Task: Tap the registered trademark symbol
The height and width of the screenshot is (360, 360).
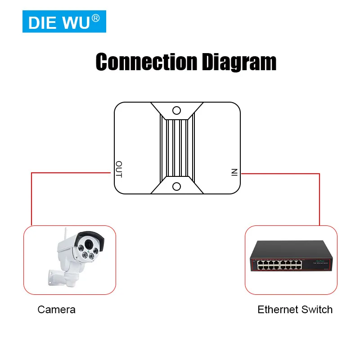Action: (x=95, y=18)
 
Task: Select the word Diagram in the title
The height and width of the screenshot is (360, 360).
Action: (x=238, y=62)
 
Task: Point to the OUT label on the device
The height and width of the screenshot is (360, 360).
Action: (x=119, y=169)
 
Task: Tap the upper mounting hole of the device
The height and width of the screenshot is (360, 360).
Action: (x=177, y=110)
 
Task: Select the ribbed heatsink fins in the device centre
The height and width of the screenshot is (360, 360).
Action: (x=177, y=148)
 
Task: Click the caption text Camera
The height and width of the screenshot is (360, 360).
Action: (x=57, y=310)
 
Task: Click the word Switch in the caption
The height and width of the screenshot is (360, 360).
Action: (x=317, y=310)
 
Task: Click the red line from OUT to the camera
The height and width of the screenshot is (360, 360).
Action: (x=31, y=198)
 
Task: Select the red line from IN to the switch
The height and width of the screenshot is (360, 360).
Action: (x=319, y=198)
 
